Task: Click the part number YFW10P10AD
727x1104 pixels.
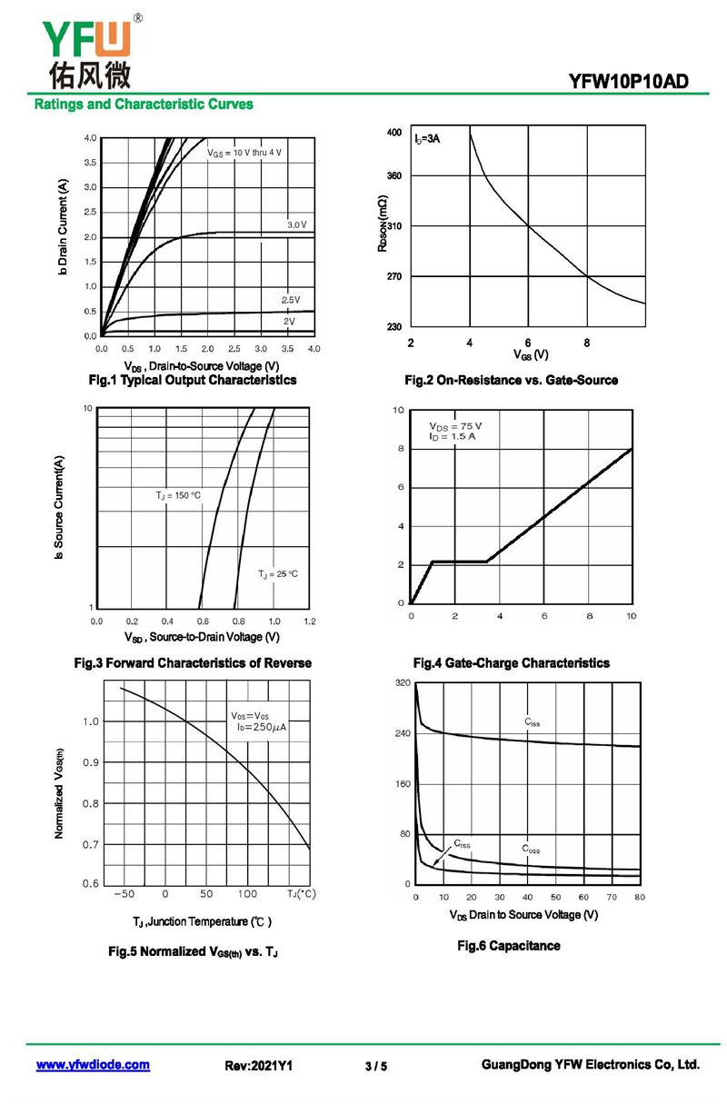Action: (x=628, y=81)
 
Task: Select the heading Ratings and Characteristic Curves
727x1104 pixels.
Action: (x=144, y=104)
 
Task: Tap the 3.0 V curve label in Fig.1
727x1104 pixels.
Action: (x=296, y=224)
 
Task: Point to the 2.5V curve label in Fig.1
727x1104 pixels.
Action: (x=290, y=300)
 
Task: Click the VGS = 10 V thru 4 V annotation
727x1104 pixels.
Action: (x=244, y=153)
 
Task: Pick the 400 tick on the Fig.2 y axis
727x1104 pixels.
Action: (x=393, y=133)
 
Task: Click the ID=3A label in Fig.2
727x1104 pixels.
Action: (x=426, y=139)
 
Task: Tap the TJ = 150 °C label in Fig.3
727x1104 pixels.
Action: (x=178, y=495)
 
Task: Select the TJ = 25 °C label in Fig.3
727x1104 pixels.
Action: (x=277, y=574)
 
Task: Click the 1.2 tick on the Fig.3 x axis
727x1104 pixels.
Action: (x=309, y=621)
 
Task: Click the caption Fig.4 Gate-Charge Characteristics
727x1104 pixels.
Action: (x=511, y=663)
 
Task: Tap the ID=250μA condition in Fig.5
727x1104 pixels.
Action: (x=261, y=727)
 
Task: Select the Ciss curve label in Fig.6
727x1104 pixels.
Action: (x=532, y=722)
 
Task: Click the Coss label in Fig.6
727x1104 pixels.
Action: (x=531, y=849)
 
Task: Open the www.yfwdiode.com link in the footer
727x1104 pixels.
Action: (x=93, y=1065)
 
